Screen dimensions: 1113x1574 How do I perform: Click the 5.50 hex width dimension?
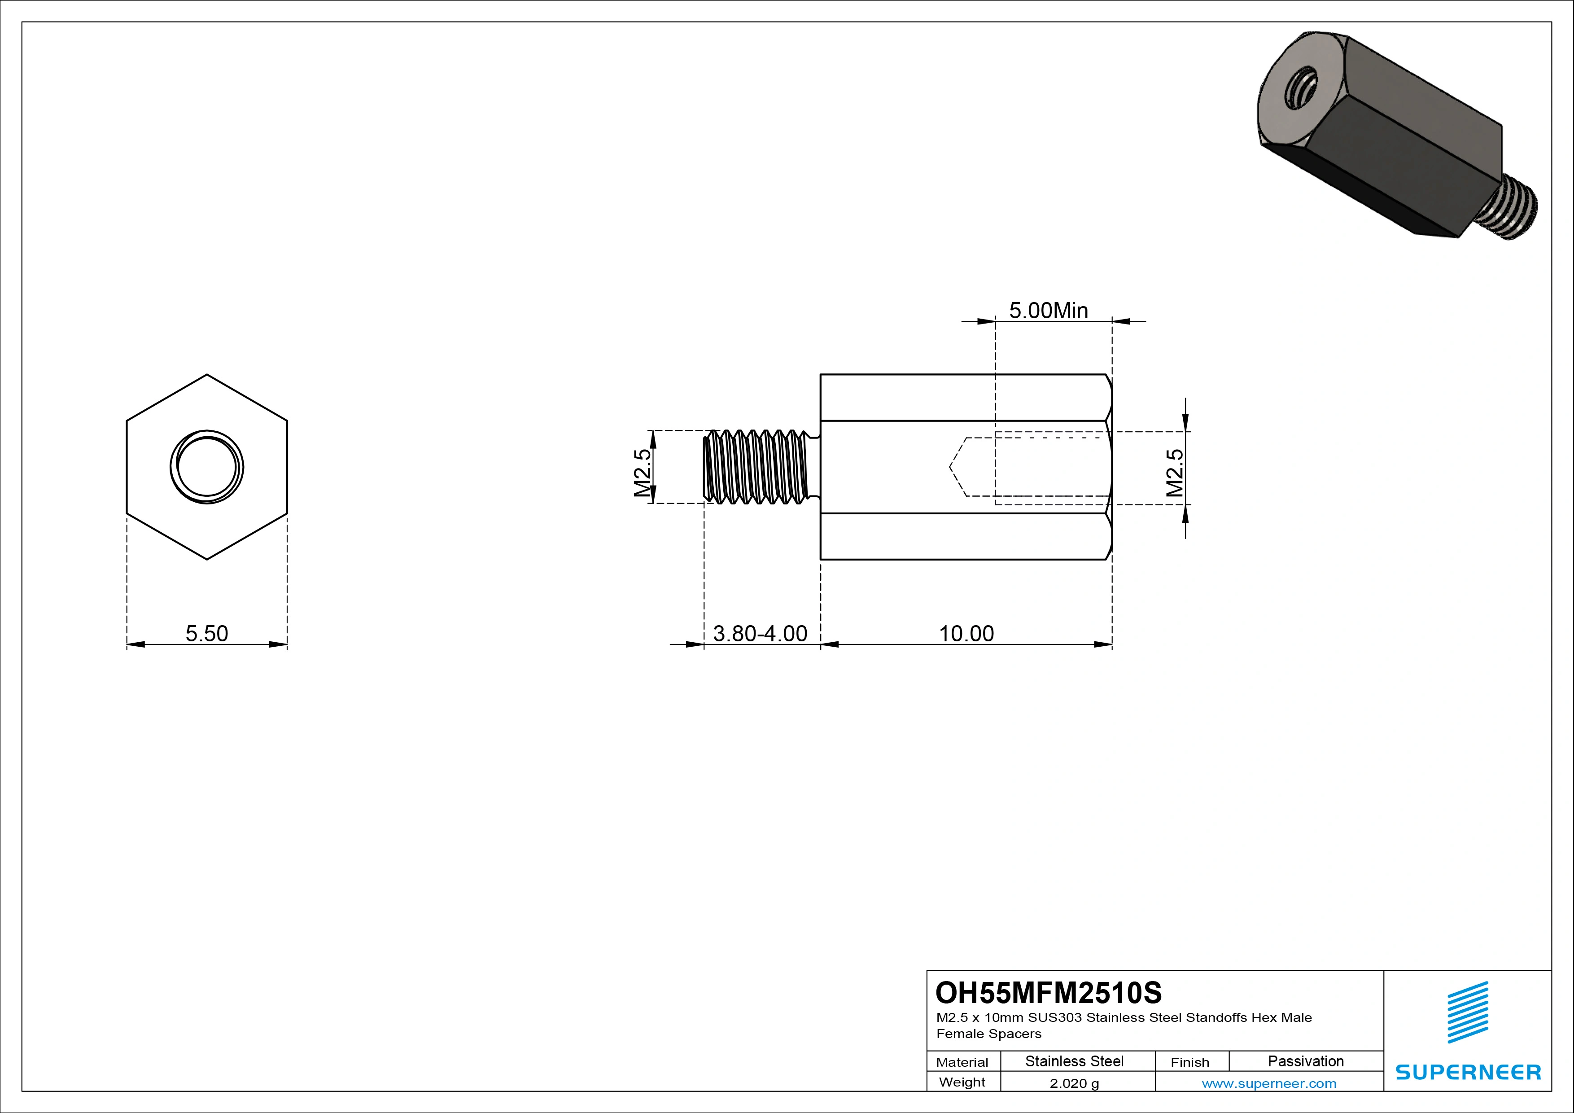click(x=206, y=633)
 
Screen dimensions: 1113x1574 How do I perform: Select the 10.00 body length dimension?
click(x=966, y=633)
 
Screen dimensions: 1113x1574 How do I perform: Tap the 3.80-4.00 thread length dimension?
click(x=760, y=633)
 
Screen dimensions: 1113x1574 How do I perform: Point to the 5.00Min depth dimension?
click(x=1048, y=311)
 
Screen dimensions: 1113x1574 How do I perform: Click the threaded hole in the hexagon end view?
click(x=207, y=467)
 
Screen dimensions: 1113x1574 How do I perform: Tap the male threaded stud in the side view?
click(x=757, y=467)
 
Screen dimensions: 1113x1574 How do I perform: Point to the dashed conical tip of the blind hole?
click(x=958, y=467)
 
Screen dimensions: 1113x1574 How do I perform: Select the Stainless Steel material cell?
click(x=1074, y=1061)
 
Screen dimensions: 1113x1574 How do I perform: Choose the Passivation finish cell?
click(x=1305, y=1061)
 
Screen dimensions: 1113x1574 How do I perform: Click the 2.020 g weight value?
click(x=1074, y=1083)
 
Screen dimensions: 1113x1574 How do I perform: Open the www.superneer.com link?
click(x=1269, y=1083)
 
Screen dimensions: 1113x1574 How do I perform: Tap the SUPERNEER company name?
click(x=1468, y=1072)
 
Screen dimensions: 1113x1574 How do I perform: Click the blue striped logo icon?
click(x=1468, y=1012)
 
